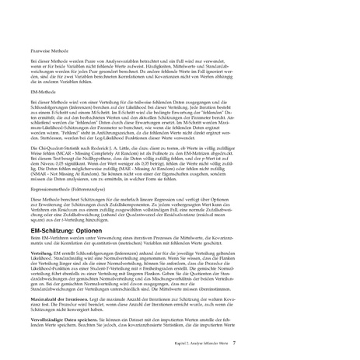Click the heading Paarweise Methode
click(x=44, y=48)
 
